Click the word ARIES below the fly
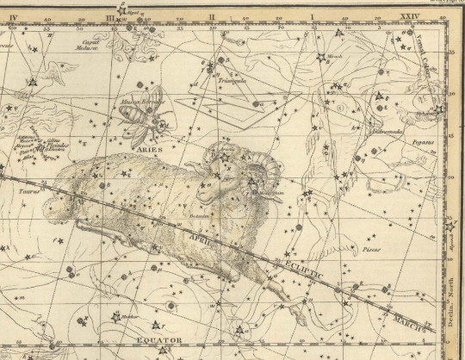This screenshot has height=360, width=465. click(x=132, y=148)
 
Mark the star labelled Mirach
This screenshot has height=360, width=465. click(x=321, y=59)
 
